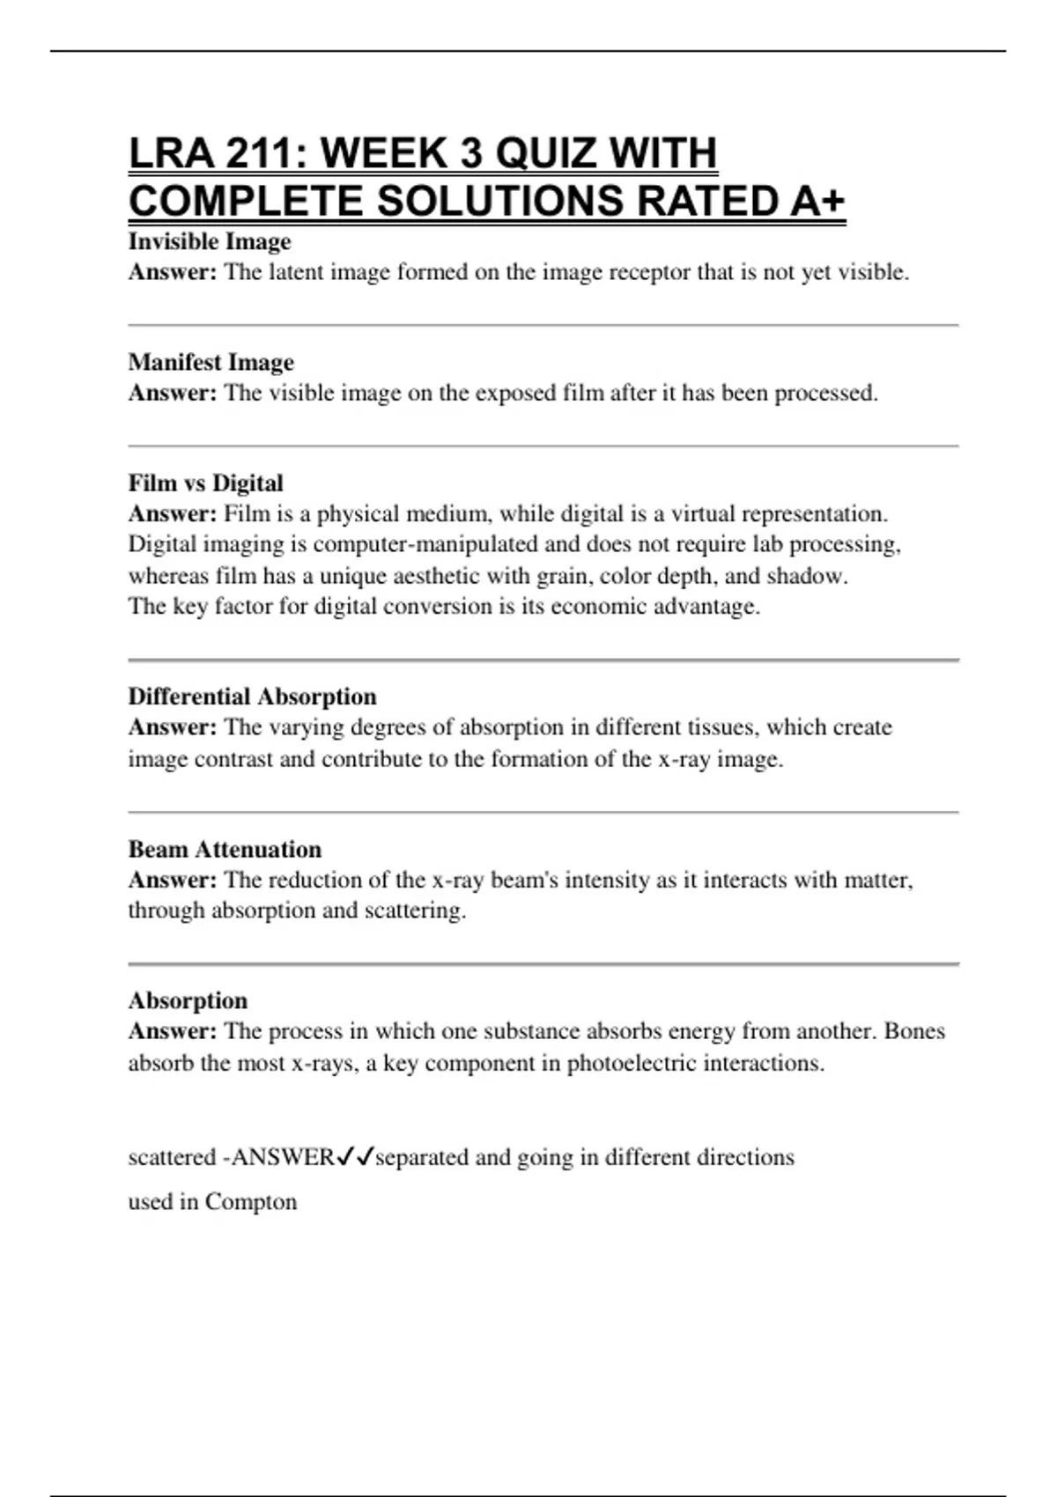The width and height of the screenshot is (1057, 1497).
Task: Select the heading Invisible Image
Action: tap(210, 241)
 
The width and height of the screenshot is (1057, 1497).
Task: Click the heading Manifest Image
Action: tap(211, 362)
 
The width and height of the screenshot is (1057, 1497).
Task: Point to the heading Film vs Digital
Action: tap(206, 483)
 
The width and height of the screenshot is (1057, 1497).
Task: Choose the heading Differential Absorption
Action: tap(252, 697)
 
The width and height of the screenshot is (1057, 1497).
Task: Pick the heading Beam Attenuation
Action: tap(225, 849)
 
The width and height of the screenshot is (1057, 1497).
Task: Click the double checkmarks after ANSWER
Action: tap(356, 1156)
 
